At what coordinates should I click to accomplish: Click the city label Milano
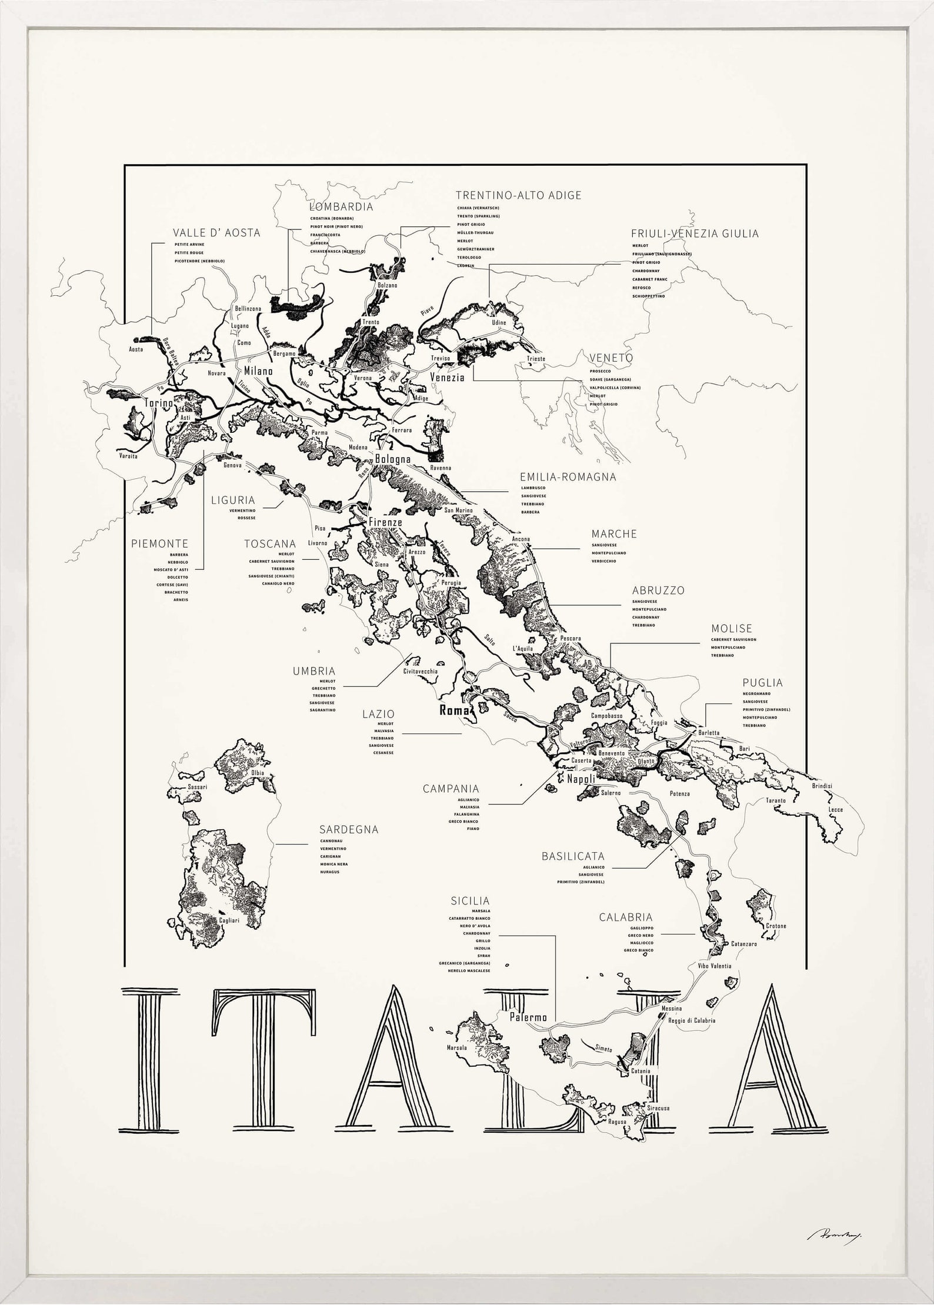[x=258, y=372]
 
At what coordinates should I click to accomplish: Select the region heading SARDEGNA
[x=349, y=830]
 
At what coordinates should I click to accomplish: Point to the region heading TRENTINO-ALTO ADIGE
[x=518, y=195]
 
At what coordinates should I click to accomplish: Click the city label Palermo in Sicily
[x=528, y=1017]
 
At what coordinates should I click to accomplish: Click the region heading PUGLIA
[x=762, y=683]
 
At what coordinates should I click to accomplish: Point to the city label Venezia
[x=447, y=377]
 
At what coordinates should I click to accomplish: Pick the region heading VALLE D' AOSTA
[x=216, y=233]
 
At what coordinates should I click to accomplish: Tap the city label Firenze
[x=385, y=522]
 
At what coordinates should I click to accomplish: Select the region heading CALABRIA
[x=626, y=917]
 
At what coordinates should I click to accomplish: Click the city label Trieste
[x=536, y=359]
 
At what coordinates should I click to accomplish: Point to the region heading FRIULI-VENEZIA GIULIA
[x=695, y=233]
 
